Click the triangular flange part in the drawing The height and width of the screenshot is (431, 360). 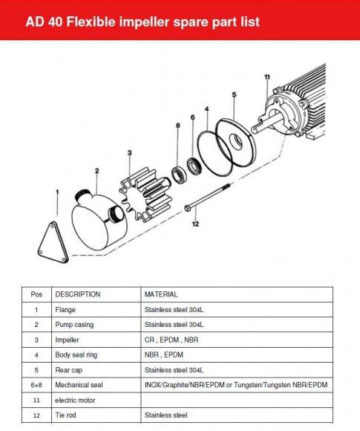[x=55, y=237]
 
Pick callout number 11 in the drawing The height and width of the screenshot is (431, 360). [x=266, y=77]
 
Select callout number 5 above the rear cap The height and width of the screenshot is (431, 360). [x=234, y=95]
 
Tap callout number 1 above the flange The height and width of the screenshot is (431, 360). [x=57, y=192]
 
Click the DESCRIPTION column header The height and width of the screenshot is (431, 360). [x=77, y=294]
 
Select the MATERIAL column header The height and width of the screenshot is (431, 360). [x=161, y=294]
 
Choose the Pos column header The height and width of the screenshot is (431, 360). [x=36, y=294]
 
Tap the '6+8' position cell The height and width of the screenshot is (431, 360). [x=36, y=385]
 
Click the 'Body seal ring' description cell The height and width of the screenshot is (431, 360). [x=76, y=355]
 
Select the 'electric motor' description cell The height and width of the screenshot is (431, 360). [x=76, y=400]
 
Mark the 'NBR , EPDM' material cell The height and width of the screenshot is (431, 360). [x=163, y=355]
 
